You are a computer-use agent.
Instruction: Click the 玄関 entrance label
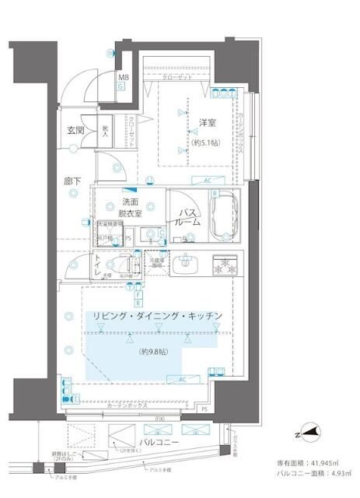(75, 129)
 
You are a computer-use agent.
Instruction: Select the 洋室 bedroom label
(207, 123)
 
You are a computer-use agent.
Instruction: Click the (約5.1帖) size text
(206, 143)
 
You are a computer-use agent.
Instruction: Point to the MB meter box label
(123, 77)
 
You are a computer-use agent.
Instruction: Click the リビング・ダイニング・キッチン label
(158, 314)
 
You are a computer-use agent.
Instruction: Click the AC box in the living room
(182, 379)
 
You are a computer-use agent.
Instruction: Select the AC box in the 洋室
(207, 181)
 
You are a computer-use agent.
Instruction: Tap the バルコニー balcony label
(159, 442)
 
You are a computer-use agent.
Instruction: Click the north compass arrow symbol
(310, 434)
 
